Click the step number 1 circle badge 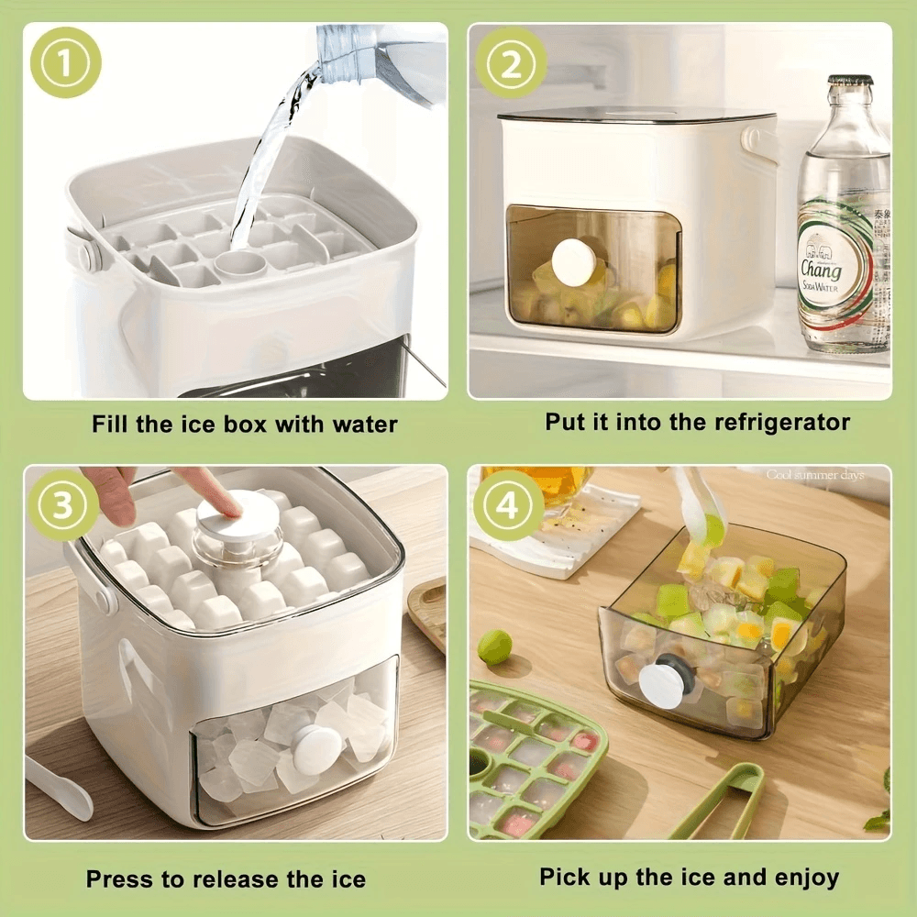tap(65, 62)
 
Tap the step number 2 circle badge tap(512, 62)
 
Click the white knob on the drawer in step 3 tap(316, 747)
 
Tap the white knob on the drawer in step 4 tap(661, 685)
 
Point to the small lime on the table tap(494, 646)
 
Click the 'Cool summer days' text tap(815, 475)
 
